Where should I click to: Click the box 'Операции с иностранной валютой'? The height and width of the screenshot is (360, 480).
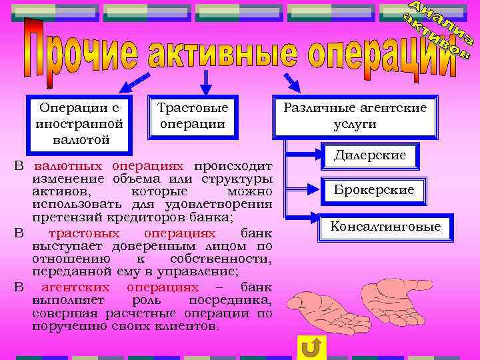pyautogui.click(x=79, y=124)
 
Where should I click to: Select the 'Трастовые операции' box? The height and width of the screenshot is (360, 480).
pyautogui.click(x=193, y=117)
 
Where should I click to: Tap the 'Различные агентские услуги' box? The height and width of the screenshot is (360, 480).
pyautogui.click(x=355, y=116)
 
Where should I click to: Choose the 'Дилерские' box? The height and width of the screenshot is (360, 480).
pyautogui.click(x=370, y=157)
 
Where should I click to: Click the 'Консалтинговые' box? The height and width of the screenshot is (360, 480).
pyautogui.click(x=385, y=227)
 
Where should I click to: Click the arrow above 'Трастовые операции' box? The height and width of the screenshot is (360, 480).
pyautogui.click(x=207, y=83)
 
